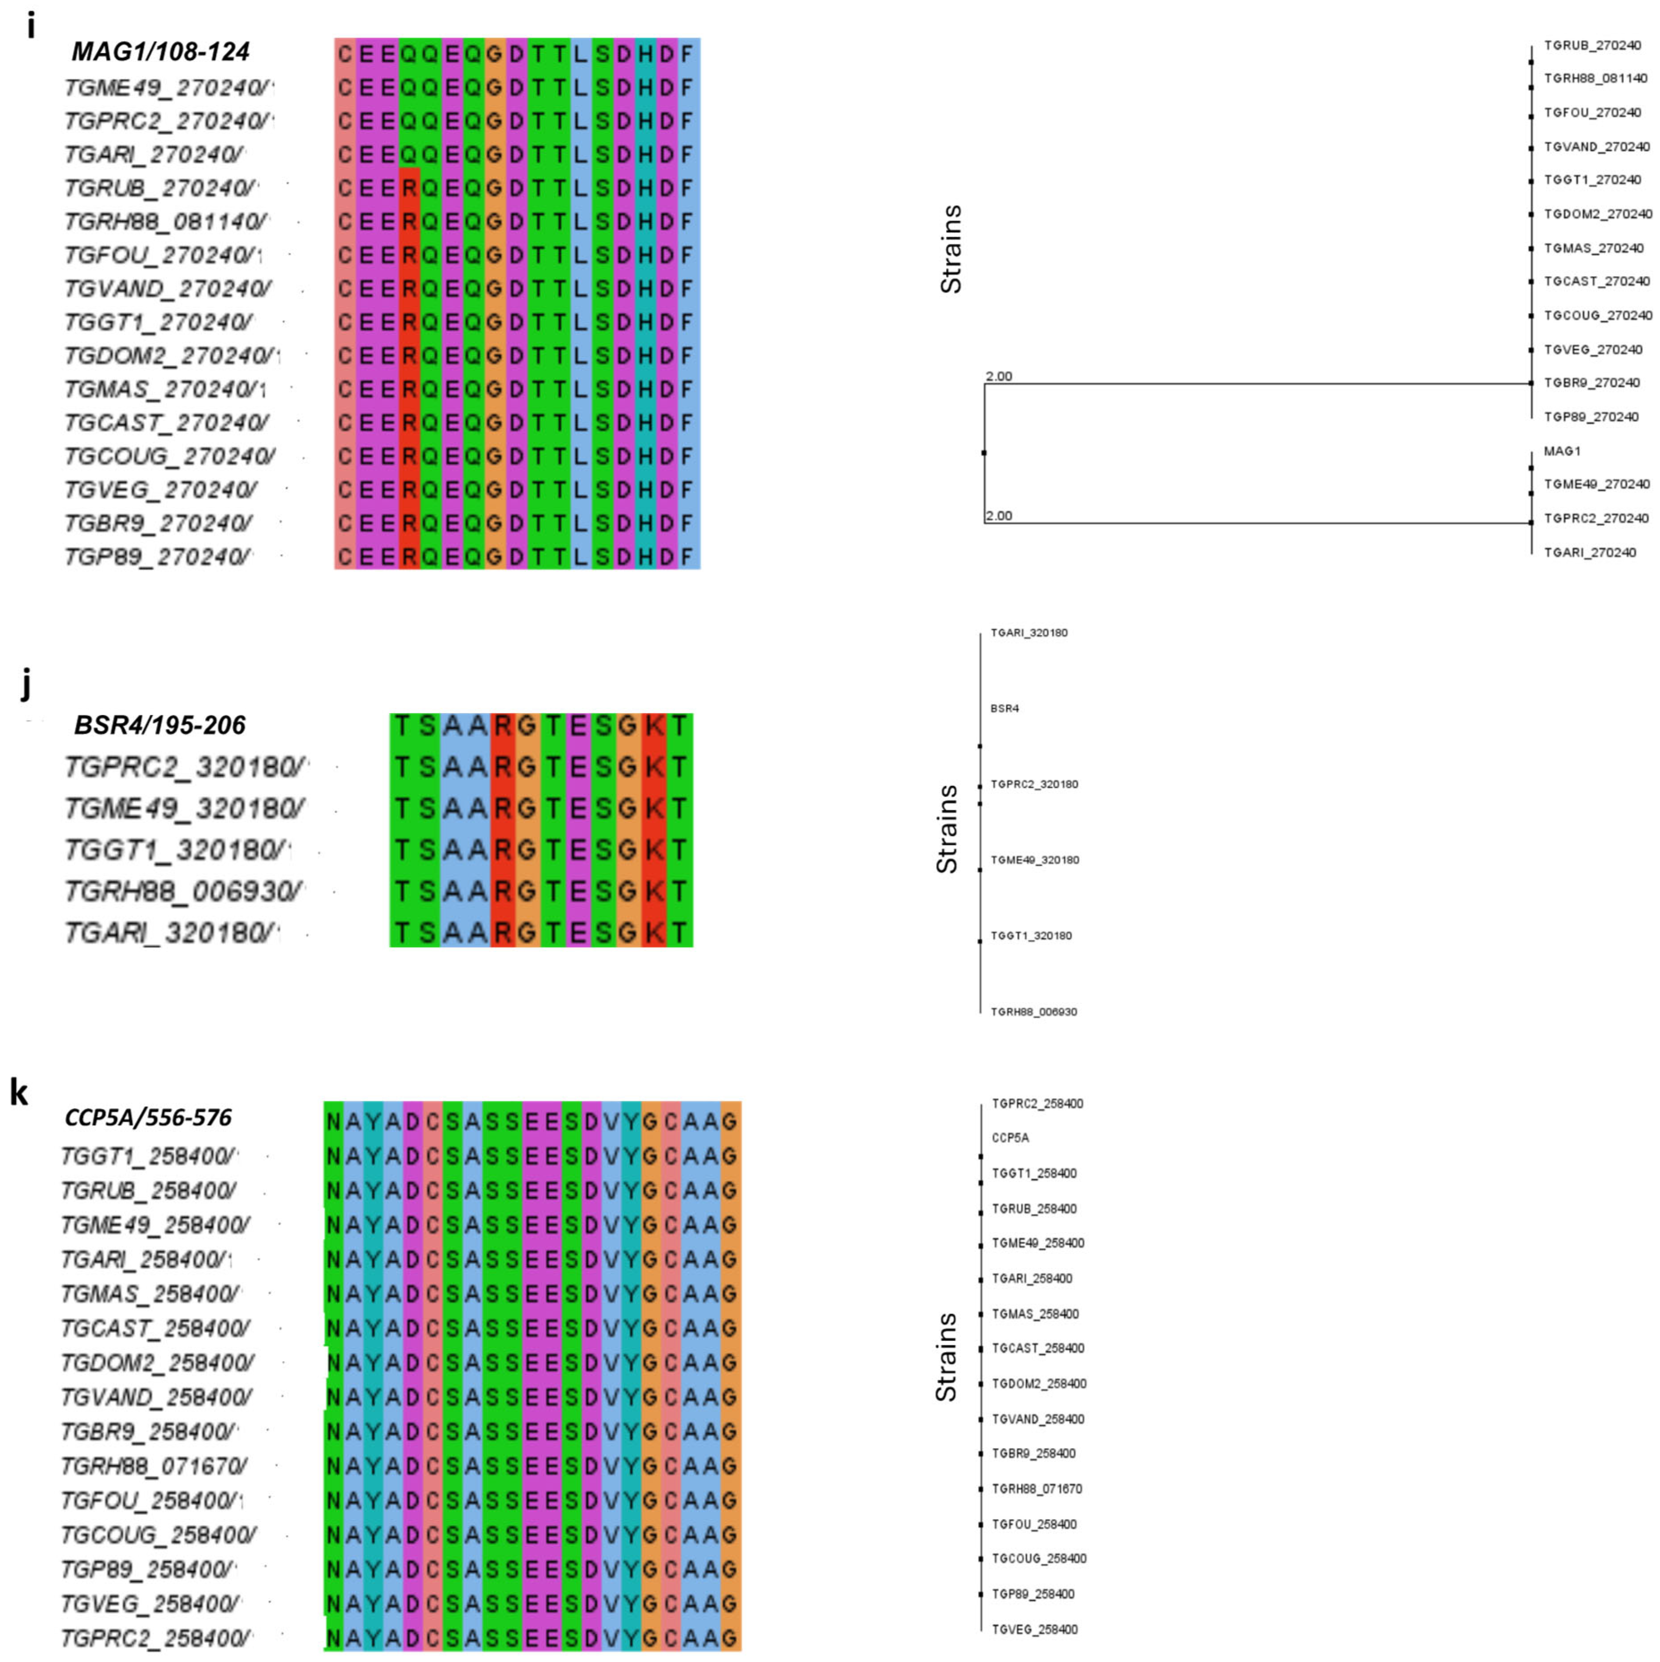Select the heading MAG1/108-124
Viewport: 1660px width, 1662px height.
[160, 53]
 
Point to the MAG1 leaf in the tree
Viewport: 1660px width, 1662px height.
[1562, 451]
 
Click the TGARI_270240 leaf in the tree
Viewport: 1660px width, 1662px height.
[1590, 552]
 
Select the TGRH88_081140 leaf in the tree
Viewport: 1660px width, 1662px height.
[1596, 78]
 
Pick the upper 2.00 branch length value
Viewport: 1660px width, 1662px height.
[999, 376]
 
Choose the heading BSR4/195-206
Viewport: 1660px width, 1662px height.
[160, 725]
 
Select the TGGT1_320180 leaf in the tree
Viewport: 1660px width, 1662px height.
[1031, 935]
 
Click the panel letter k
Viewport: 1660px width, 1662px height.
[19, 1093]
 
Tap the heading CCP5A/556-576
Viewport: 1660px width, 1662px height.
[148, 1118]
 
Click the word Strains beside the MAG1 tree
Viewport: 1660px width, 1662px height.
[950, 249]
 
